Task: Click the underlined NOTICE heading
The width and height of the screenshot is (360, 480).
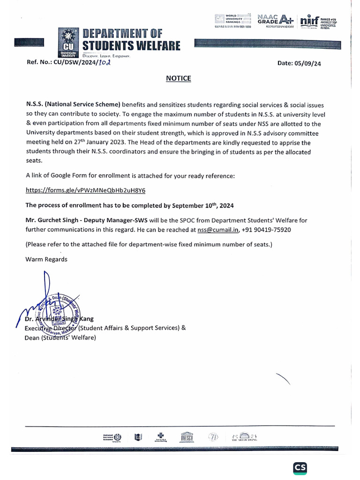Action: point(179,78)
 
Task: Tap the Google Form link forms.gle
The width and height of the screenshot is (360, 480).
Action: point(85,190)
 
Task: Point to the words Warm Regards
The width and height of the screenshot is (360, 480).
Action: point(46,259)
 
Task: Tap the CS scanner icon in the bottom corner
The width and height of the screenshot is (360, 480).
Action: point(300,468)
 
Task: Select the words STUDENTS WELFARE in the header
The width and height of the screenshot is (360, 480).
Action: point(131,46)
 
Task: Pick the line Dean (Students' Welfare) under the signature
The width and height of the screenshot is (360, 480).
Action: point(60,337)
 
